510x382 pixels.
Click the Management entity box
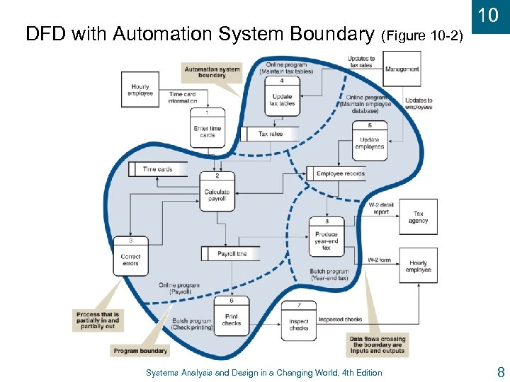click(402, 69)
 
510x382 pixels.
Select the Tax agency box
click(418, 216)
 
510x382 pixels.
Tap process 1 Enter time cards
click(208, 128)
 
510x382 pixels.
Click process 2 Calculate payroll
click(217, 191)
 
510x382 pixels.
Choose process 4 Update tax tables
click(282, 96)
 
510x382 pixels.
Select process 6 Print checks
click(232, 316)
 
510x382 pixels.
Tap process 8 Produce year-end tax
click(327, 238)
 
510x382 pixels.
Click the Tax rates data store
click(270, 134)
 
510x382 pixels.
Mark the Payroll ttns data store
click(231, 253)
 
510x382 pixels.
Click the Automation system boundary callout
click(212, 72)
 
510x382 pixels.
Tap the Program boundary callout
click(141, 350)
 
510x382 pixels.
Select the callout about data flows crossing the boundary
click(377, 345)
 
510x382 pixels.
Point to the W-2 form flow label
click(380, 260)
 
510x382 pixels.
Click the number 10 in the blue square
click(489, 15)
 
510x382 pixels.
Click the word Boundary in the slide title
click(331, 34)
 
